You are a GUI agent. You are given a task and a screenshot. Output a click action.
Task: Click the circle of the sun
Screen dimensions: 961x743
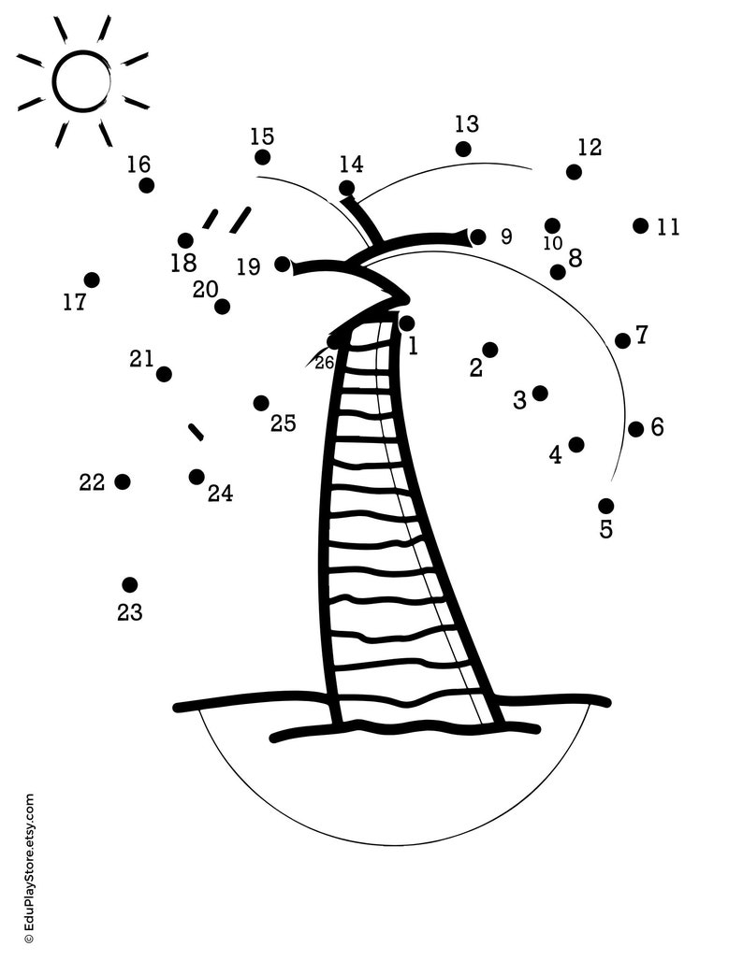tap(82, 80)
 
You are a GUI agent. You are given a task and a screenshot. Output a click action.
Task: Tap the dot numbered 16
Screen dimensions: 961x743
tap(147, 185)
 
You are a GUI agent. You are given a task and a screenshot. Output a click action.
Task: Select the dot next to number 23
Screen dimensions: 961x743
tap(130, 585)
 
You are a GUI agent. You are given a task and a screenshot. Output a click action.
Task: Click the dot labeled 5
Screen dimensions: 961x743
tap(606, 506)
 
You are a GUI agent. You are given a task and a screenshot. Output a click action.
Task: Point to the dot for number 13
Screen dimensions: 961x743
tap(463, 149)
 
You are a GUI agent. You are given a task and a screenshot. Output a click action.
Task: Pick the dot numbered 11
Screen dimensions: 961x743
tap(640, 225)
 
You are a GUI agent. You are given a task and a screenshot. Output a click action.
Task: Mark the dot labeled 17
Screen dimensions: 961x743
tap(92, 280)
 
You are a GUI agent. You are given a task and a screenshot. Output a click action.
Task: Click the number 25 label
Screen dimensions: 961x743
tap(284, 423)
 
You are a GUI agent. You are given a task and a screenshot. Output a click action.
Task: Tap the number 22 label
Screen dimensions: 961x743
tap(92, 482)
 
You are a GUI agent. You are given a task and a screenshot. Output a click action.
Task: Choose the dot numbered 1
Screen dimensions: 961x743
tap(406, 323)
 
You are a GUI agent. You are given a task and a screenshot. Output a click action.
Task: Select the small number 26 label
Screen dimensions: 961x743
tap(325, 363)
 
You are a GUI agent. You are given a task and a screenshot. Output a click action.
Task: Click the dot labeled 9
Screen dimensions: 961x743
tap(478, 237)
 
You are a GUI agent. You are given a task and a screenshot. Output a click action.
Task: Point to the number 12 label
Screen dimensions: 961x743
tap(590, 147)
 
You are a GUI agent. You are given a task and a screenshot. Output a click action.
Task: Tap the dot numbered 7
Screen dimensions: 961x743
tap(622, 340)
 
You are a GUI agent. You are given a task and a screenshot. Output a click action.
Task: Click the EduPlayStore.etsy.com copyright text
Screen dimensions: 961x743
tap(28, 868)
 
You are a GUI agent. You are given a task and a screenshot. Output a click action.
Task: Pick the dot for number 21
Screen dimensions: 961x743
tap(164, 374)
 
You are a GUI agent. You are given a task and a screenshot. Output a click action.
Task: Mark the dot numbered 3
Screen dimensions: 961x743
tap(540, 393)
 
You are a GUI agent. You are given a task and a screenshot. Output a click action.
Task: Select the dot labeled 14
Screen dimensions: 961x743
tap(347, 188)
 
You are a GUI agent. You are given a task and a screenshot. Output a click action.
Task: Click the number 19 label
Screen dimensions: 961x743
tap(248, 267)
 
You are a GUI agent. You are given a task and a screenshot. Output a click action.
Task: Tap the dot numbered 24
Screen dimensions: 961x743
tap(197, 477)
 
